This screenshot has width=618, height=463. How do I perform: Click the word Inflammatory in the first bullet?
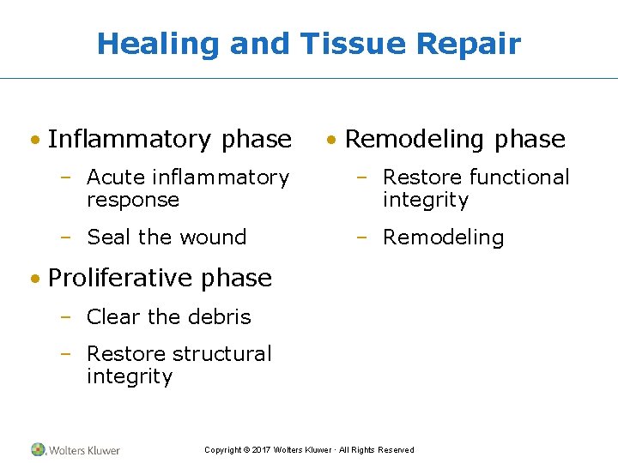[x=130, y=139]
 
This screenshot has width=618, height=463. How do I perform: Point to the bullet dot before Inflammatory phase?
[x=35, y=140]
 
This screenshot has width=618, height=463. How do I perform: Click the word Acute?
[x=116, y=177]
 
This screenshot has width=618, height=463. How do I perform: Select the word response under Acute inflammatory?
[x=133, y=200]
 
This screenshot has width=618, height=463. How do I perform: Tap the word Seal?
[x=107, y=237]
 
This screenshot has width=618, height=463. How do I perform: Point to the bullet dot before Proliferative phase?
[x=35, y=279]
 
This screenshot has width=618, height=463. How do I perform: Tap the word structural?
[x=222, y=353]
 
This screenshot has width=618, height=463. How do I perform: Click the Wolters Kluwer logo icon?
[x=39, y=449]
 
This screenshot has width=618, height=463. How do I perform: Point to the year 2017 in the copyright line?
[x=261, y=450]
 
